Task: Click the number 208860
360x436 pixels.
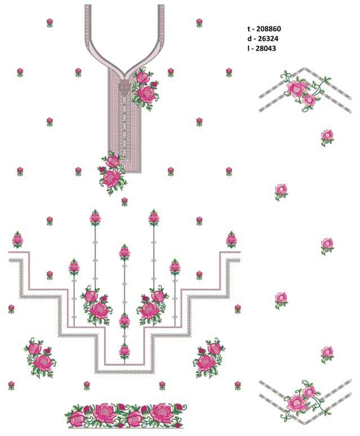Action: tap(268, 29)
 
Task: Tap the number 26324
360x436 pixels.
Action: tap(268, 38)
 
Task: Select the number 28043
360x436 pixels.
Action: tap(265, 48)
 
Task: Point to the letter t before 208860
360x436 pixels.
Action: tap(249, 29)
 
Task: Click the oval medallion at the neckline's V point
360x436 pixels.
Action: tap(124, 87)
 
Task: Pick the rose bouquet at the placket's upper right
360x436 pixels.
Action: tap(145, 88)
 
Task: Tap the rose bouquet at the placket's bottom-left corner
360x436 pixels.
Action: tap(112, 173)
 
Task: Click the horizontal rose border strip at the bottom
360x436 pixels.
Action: tap(125, 415)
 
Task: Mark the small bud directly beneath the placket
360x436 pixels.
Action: tap(124, 201)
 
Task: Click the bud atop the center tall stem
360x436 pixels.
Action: tap(124, 252)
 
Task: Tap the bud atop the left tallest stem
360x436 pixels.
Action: tap(96, 217)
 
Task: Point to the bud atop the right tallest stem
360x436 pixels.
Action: tap(154, 217)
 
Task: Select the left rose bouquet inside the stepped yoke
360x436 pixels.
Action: tap(96, 305)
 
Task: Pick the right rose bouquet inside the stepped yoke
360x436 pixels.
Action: tap(152, 305)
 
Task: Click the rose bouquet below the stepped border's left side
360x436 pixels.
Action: tap(40, 358)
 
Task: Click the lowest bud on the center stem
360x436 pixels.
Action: tap(124, 352)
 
